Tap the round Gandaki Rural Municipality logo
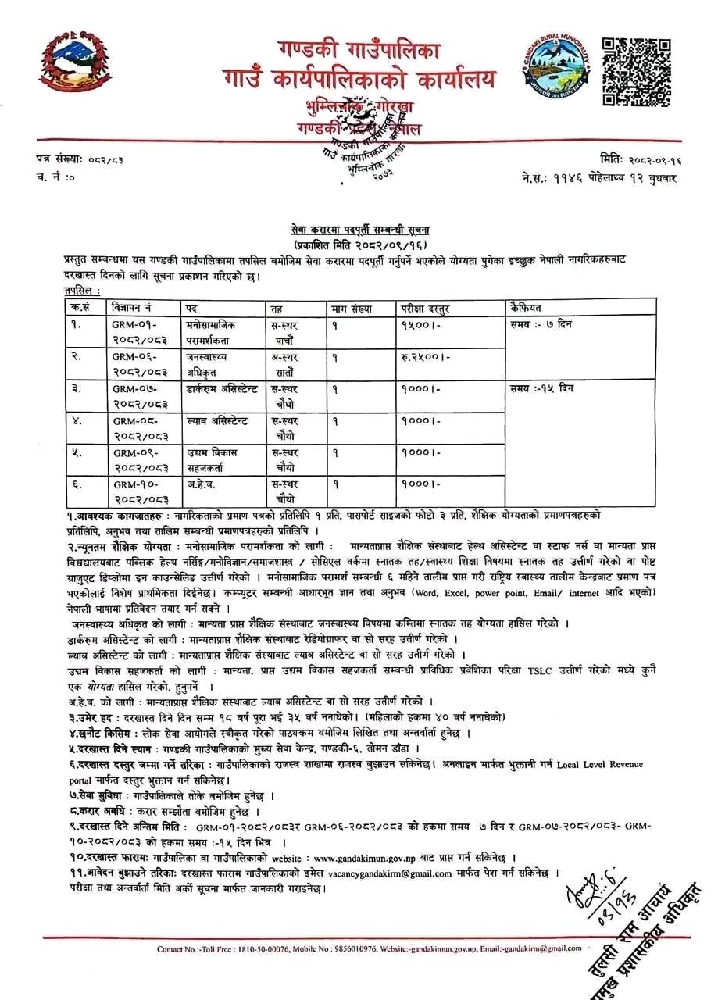[x=554, y=73]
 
